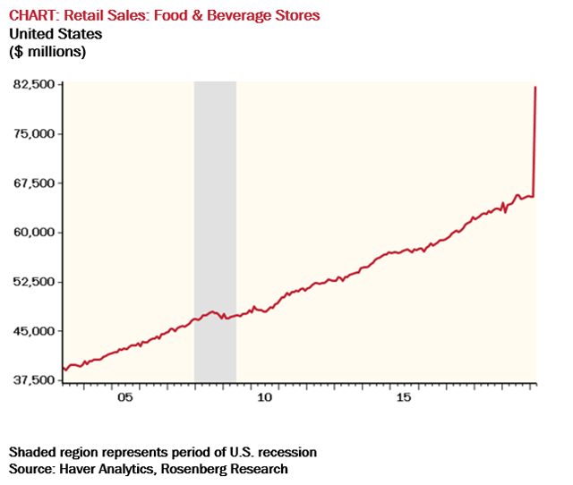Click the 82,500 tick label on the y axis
tap(33, 85)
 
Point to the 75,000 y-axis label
tap(33, 134)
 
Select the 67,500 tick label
tap(33, 183)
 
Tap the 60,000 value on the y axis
tap(33, 233)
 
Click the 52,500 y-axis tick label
tap(33, 282)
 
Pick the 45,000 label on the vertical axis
tap(33, 331)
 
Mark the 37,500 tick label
tap(33, 380)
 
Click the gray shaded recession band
tap(215, 224)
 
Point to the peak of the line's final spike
tap(535, 87)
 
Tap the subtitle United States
tap(56, 34)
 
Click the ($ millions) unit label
tap(47, 52)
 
